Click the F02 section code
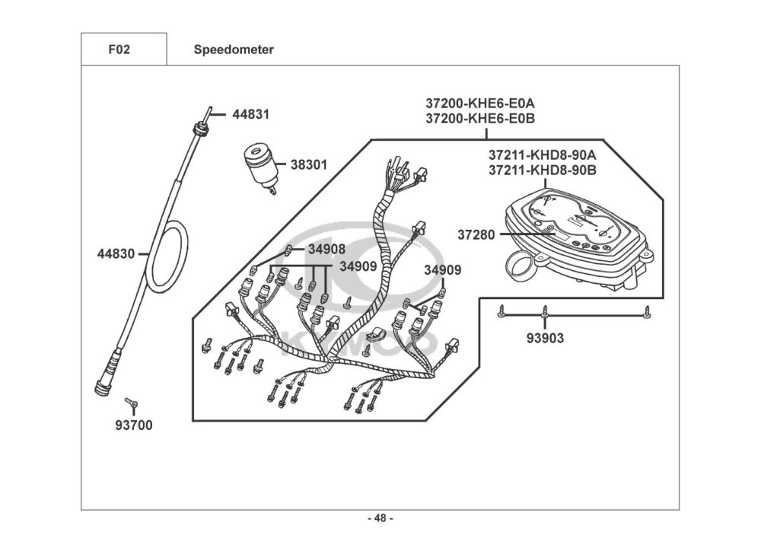(119, 50)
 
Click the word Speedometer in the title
(234, 50)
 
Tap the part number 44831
(251, 115)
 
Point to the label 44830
(116, 254)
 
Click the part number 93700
(134, 425)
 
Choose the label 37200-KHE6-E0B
(480, 119)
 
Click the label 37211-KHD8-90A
(543, 155)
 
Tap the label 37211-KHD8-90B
(543, 170)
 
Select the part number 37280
(476, 235)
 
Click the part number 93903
(545, 338)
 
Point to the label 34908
(326, 249)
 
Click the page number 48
(380, 519)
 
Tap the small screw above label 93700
(130, 400)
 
